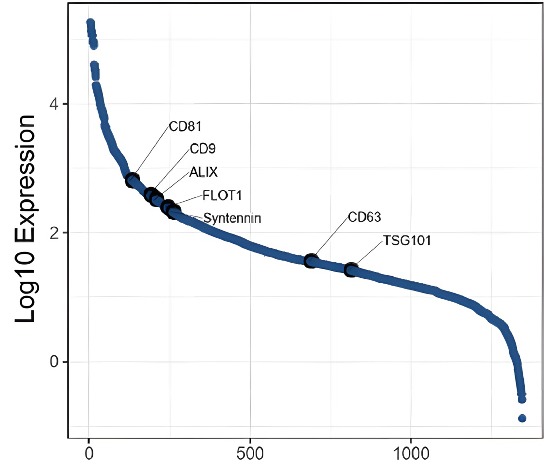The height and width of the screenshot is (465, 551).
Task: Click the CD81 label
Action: pyautogui.click(x=185, y=126)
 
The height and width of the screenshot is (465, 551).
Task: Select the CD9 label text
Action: pyautogui.click(x=203, y=149)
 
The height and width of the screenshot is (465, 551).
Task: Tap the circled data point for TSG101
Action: pyautogui.click(x=351, y=270)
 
